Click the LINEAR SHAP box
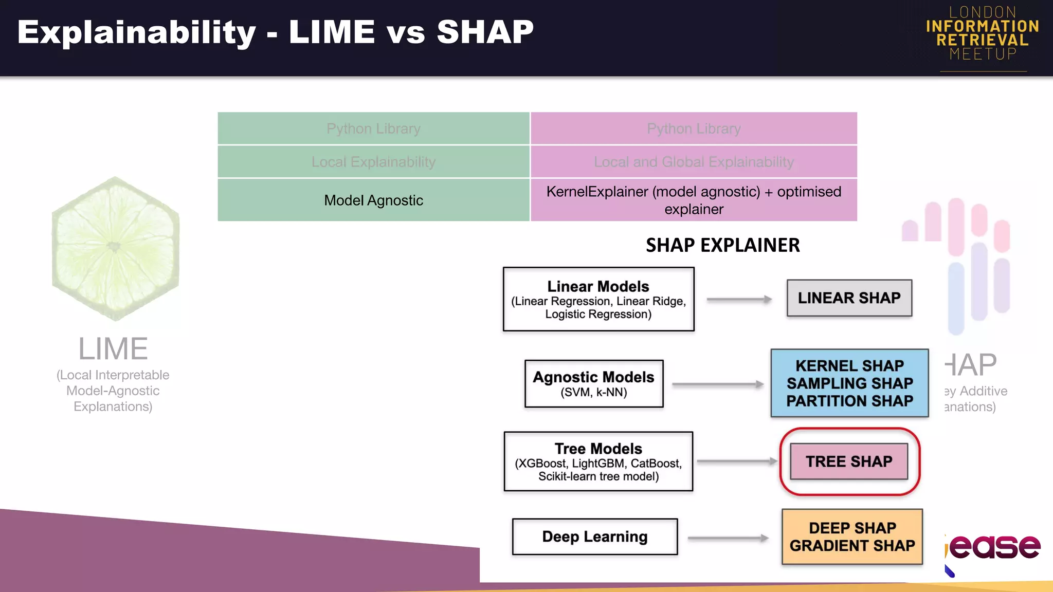[849, 298]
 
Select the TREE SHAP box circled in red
[849, 461]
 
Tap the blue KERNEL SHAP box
[849, 383]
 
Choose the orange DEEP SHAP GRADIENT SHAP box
[852, 537]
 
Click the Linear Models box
[598, 299]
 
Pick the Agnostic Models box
[594, 384]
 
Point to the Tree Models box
[598, 461]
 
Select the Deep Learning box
[595, 537]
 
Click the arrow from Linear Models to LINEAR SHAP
[739, 299]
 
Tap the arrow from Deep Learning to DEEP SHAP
[728, 538]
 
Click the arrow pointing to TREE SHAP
[736, 461]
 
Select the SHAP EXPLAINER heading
[722, 245]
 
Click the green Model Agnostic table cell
[374, 200]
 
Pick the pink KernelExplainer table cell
[694, 200]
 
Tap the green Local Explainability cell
[374, 162]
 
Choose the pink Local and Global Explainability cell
[694, 162]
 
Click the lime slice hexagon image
[115, 249]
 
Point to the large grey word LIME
[113, 349]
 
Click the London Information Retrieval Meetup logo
[983, 34]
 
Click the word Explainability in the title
[137, 32]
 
